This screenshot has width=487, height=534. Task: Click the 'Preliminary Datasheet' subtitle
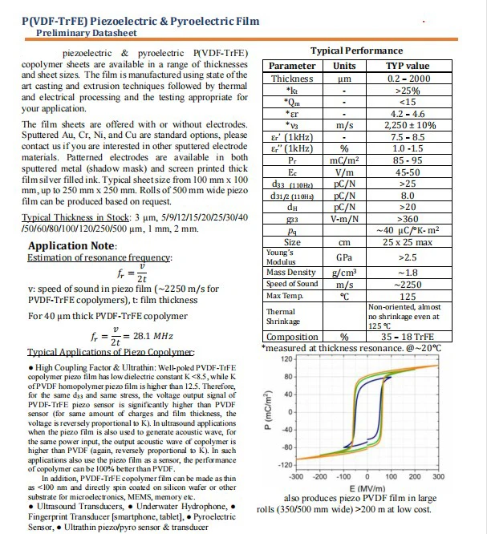click(86, 34)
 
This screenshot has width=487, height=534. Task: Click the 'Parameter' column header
click(292, 66)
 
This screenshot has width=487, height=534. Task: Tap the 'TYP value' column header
click(408, 66)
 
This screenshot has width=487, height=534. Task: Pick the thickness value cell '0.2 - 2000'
click(408, 79)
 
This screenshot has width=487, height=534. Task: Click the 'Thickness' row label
click(292, 79)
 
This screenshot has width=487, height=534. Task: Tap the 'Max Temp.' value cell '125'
click(408, 296)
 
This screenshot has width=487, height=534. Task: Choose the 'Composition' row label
click(292, 338)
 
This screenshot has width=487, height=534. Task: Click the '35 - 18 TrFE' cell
click(408, 338)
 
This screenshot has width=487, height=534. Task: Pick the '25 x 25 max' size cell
click(408, 242)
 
